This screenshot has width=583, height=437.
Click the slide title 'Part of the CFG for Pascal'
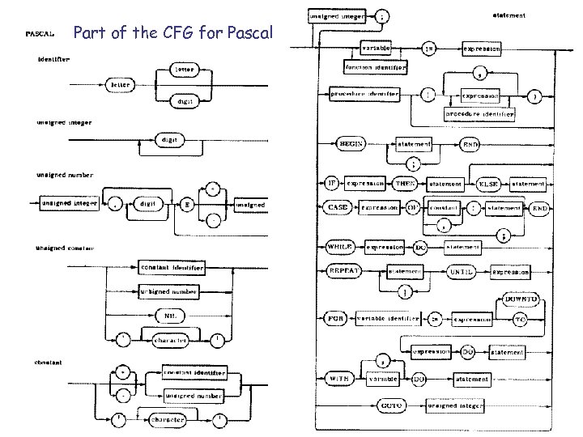click(x=174, y=33)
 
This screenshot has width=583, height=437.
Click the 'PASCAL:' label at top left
click(x=40, y=35)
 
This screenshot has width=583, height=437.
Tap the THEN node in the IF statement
click(x=405, y=184)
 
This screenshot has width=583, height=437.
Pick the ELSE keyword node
click(x=487, y=184)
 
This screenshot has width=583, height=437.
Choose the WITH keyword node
click(x=338, y=378)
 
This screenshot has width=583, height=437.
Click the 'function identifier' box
click(x=375, y=68)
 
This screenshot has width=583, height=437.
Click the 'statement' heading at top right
click(x=509, y=15)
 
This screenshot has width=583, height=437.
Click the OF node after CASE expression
click(x=413, y=207)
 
